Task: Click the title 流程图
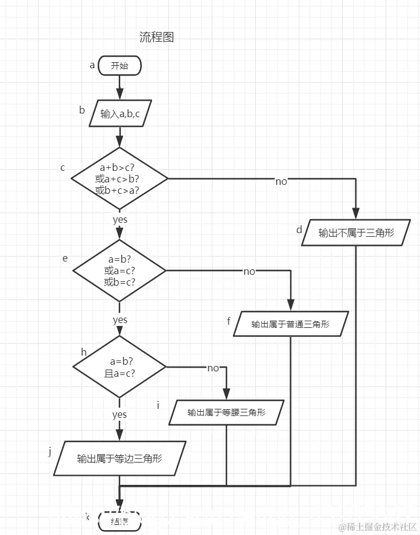click(x=157, y=37)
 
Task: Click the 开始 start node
click(x=119, y=66)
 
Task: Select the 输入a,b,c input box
click(x=119, y=114)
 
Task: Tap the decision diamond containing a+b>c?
click(x=119, y=179)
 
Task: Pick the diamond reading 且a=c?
click(x=119, y=367)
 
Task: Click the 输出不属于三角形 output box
click(x=356, y=232)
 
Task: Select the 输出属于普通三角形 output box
click(x=291, y=324)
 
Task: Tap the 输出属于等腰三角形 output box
click(x=226, y=413)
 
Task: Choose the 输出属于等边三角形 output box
click(x=119, y=458)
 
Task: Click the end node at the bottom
click(x=119, y=521)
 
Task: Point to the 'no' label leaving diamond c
click(x=281, y=181)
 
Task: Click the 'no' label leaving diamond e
click(x=249, y=272)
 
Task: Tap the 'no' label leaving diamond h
click(x=213, y=368)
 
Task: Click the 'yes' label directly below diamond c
click(x=119, y=220)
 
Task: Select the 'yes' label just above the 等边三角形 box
click(x=119, y=415)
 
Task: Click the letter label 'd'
click(x=299, y=230)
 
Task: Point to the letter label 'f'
click(x=229, y=321)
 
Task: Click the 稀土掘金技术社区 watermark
click(x=378, y=527)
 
